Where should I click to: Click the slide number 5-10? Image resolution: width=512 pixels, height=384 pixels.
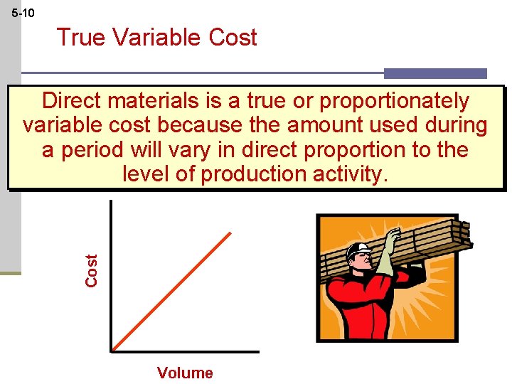coord(23,14)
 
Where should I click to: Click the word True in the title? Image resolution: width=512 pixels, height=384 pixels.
coord(80,38)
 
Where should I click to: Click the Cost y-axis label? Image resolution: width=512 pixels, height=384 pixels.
coord(92,271)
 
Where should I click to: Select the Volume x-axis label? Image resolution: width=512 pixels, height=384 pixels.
coord(185,373)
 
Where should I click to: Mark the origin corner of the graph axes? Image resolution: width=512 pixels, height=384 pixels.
coord(112,351)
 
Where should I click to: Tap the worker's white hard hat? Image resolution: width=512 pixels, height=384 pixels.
coord(359,250)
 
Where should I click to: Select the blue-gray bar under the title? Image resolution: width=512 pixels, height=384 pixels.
coord(435,73)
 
